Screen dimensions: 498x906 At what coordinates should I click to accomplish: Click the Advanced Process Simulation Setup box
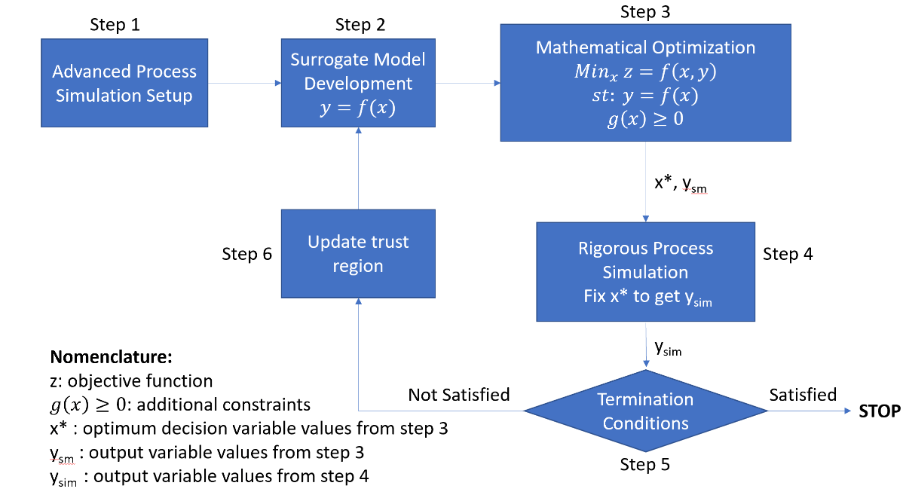[124, 84]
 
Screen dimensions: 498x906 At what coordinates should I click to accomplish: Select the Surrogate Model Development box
[358, 82]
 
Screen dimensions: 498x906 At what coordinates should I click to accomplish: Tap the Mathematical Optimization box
[645, 82]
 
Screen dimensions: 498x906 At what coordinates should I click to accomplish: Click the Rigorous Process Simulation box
[645, 271]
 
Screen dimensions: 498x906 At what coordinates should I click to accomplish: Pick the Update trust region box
[358, 254]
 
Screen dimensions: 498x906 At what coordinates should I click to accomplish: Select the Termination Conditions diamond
[645, 411]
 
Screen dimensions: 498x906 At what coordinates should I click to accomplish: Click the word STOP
[880, 411]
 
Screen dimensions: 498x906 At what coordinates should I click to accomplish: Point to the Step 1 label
[115, 25]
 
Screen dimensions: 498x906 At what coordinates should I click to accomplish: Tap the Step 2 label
[360, 25]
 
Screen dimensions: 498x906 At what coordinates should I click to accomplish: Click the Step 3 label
[645, 12]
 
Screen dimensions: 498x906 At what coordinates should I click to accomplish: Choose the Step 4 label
[788, 255]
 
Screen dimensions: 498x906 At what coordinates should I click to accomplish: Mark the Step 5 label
[644, 465]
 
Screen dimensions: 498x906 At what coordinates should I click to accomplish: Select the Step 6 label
[247, 255]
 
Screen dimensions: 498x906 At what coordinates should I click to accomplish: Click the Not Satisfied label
[458, 395]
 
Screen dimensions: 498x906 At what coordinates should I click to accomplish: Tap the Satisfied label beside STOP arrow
[802, 395]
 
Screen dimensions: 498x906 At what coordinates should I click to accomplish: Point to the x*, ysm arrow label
[681, 185]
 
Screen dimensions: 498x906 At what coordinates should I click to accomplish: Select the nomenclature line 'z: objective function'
[131, 380]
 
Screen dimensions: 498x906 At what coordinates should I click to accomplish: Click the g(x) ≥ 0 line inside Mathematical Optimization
[645, 120]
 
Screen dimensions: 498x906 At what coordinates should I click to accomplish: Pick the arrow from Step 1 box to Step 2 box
[244, 83]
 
